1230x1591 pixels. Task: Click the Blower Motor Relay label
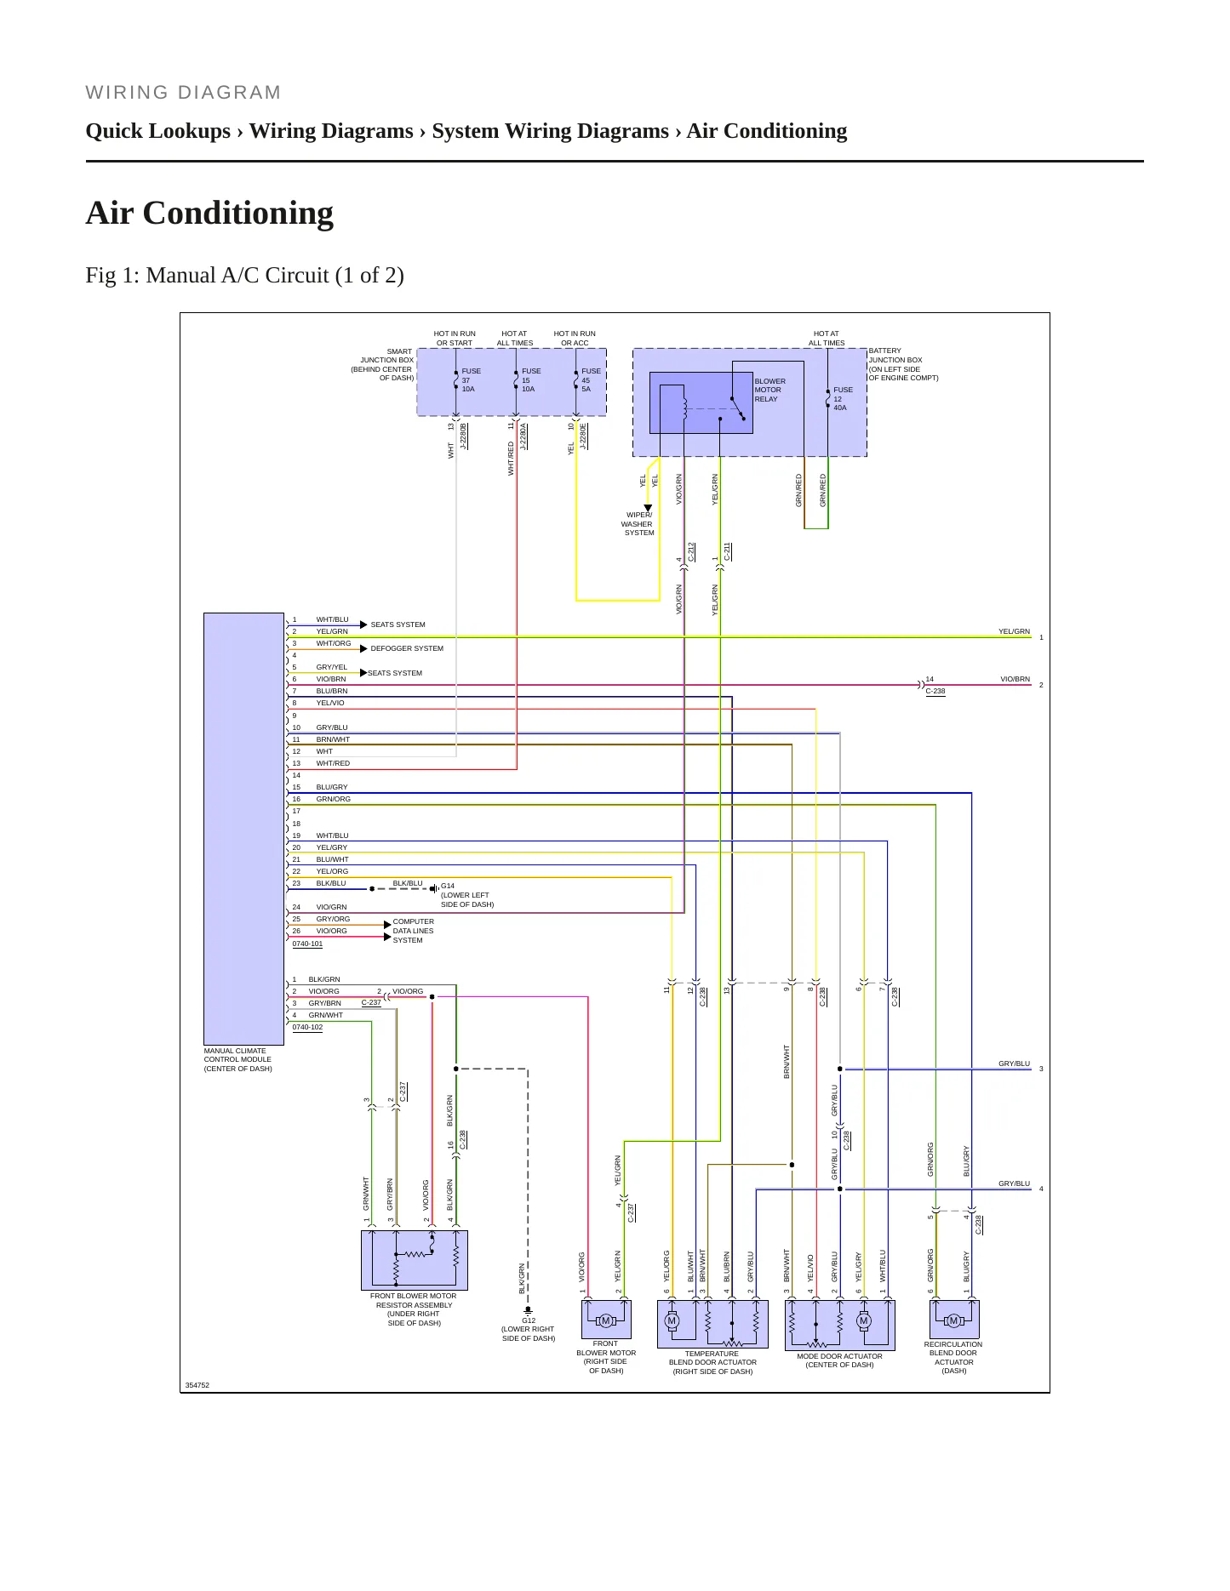pyautogui.click(x=769, y=391)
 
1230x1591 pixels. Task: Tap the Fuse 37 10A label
pyautogui.click(x=471, y=380)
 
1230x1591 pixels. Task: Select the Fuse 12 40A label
pyautogui.click(x=843, y=399)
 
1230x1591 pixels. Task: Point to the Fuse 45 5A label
pyautogui.click(x=591, y=380)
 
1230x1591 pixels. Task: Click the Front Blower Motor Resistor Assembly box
pyautogui.click(x=415, y=1260)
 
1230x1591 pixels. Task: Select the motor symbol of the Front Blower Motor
pyautogui.click(x=606, y=1320)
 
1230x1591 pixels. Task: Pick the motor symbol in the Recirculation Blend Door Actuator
pyautogui.click(x=954, y=1320)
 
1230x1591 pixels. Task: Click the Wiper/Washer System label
pyautogui.click(x=638, y=524)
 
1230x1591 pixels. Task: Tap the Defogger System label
pyautogui.click(x=407, y=648)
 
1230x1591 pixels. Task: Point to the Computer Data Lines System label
pyautogui.click(x=414, y=931)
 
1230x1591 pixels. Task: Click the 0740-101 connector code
pyautogui.click(x=307, y=944)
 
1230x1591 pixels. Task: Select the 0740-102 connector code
pyautogui.click(x=307, y=1027)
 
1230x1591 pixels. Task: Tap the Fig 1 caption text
pyautogui.click(x=245, y=276)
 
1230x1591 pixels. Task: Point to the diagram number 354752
pyautogui.click(x=197, y=1385)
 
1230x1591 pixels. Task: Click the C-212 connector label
pyautogui.click(x=692, y=551)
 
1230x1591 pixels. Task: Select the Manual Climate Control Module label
pyautogui.click(x=238, y=1059)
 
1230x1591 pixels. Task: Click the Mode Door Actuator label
pyautogui.click(x=839, y=1360)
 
